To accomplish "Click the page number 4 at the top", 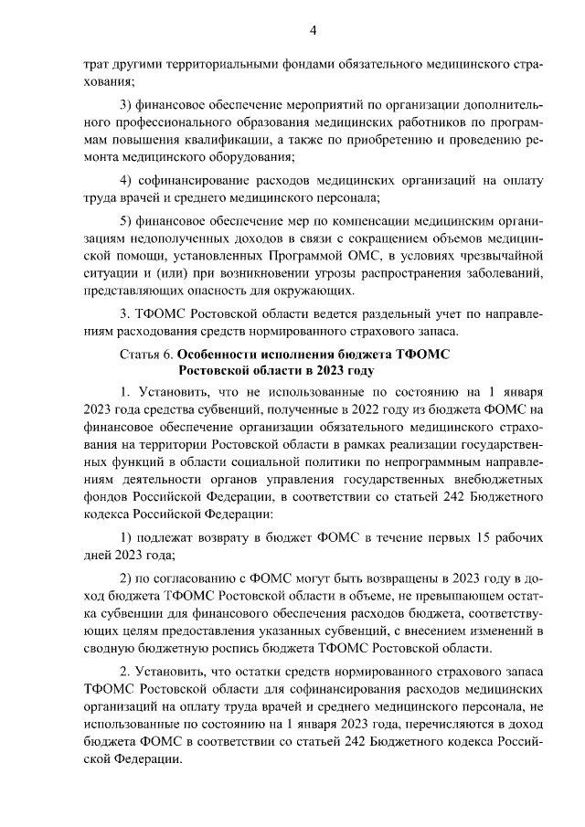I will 312,30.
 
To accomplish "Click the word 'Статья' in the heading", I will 139,353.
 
